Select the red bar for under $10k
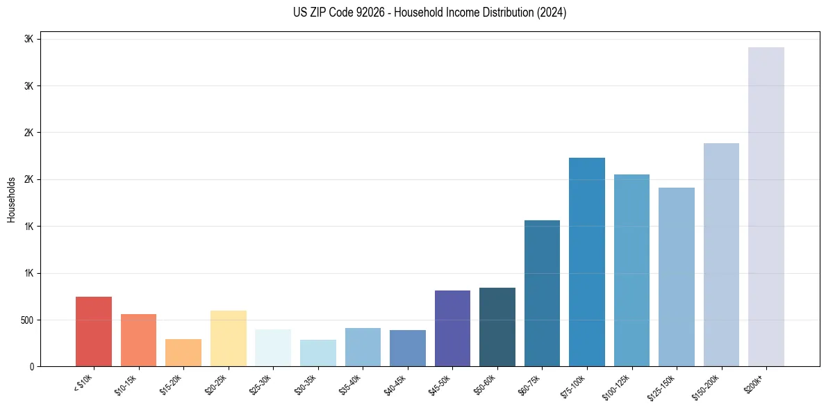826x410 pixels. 94,331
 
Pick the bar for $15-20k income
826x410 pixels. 183,352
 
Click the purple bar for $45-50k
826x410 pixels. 452,328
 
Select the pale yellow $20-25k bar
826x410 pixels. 229,338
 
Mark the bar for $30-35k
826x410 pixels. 318,353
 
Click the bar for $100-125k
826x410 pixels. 631,270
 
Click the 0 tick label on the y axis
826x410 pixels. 33,367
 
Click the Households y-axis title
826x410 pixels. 11,199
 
